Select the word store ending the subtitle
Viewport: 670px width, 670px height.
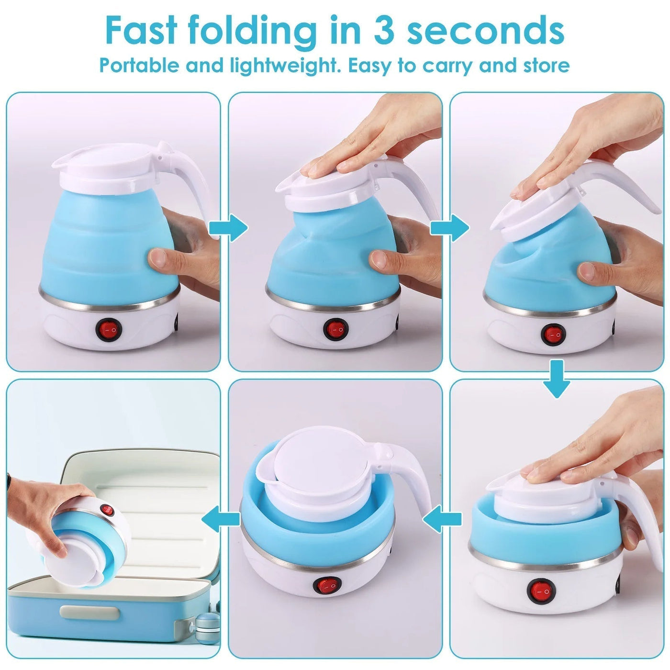point(546,65)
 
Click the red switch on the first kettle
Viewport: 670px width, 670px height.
point(109,330)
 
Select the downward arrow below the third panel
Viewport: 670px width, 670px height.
point(556,379)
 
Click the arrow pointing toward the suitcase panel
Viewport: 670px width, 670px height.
point(220,519)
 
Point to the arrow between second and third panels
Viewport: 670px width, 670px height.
point(449,228)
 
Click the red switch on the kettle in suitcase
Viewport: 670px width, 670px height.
point(108,510)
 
